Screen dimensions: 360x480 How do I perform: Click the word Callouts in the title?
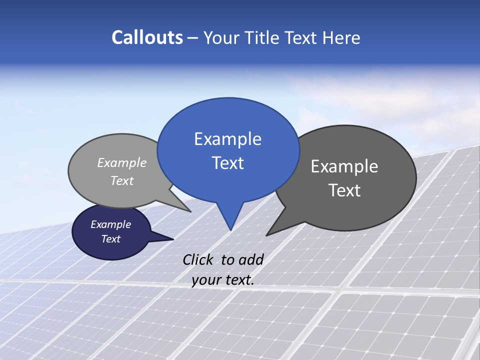point(147,37)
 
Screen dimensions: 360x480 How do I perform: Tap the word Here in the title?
point(341,37)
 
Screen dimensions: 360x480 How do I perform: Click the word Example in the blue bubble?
point(228,138)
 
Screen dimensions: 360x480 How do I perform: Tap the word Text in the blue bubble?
point(228,163)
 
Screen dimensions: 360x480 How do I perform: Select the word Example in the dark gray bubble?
point(344,166)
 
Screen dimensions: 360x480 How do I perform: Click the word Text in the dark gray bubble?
point(344,190)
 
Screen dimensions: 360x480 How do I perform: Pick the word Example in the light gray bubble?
point(122,162)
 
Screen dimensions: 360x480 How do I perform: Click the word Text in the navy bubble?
point(111,239)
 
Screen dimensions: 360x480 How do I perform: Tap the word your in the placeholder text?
point(205,280)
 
